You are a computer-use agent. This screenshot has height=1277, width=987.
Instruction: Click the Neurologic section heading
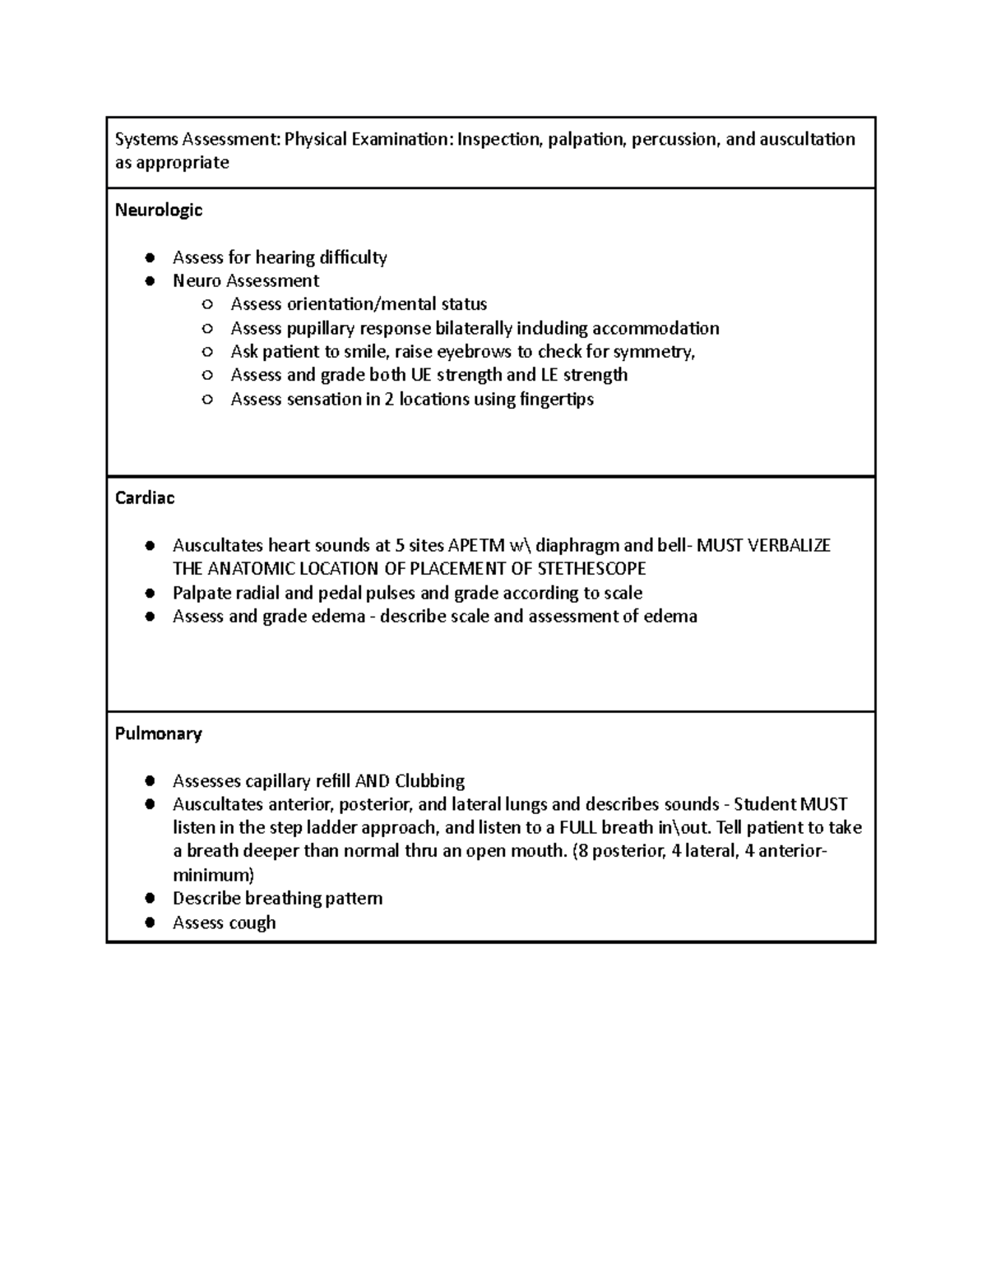[x=158, y=211]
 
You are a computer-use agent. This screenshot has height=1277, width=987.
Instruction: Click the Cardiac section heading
[x=145, y=498]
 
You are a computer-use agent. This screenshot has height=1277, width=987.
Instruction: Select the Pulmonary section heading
[x=158, y=733]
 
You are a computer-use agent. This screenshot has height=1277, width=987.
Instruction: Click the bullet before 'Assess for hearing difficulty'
[x=150, y=258]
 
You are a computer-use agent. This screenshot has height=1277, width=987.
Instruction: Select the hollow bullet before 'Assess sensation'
[x=207, y=400]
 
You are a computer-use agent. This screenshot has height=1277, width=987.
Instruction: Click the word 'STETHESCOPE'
[x=591, y=569]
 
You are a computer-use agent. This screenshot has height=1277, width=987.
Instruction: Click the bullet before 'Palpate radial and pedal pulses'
[x=150, y=593]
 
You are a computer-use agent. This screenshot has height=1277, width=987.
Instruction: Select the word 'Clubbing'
[x=429, y=781]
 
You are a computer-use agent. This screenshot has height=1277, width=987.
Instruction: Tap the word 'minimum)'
[x=213, y=875]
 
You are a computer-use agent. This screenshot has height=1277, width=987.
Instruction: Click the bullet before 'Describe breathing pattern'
[x=150, y=899]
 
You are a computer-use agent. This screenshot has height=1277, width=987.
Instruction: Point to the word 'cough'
[x=253, y=923]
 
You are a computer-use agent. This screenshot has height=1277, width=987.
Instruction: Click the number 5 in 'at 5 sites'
[x=400, y=545]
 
